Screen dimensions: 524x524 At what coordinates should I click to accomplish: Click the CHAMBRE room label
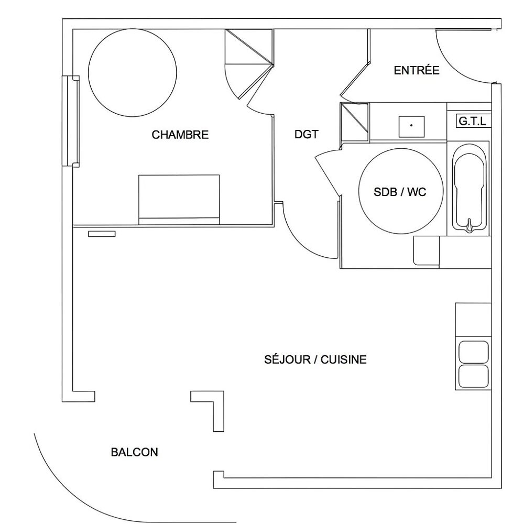[180, 135]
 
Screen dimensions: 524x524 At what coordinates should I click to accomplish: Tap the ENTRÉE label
[417, 70]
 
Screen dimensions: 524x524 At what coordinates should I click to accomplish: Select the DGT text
[307, 134]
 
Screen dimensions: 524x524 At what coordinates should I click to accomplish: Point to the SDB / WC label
[400, 192]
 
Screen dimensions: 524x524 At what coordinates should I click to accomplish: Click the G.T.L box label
[473, 121]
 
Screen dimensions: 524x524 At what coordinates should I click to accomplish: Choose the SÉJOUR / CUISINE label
[315, 359]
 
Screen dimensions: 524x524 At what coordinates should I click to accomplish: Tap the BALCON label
[134, 452]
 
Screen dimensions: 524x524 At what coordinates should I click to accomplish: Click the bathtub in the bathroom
[469, 188]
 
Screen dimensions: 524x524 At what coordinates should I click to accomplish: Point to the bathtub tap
[470, 225]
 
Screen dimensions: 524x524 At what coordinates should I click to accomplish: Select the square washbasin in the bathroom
[412, 127]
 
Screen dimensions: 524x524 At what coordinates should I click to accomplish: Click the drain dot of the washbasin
[411, 125]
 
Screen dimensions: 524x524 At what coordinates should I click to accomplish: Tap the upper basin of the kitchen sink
[473, 352]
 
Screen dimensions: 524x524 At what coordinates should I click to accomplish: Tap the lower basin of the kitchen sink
[473, 376]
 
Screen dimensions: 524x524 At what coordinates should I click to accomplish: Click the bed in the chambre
[179, 200]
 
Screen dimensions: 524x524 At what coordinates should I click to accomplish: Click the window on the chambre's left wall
[71, 121]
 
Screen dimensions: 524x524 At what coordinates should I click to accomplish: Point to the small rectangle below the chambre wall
[102, 234]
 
